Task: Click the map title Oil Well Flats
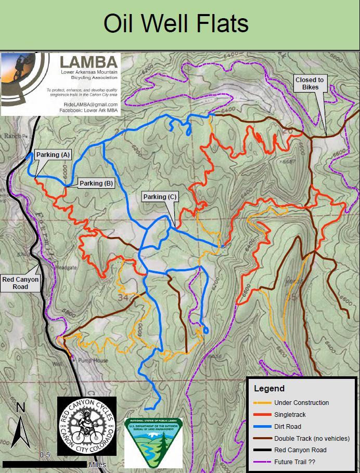(176, 24)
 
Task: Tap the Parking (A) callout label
(53, 155)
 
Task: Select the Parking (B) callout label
(96, 183)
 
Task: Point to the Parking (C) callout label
(160, 197)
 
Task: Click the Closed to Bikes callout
(310, 83)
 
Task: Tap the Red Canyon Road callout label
(20, 283)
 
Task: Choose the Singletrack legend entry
(290, 414)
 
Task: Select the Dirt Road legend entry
(288, 426)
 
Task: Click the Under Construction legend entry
(301, 402)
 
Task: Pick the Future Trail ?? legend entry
(295, 462)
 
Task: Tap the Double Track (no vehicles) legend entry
(312, 438)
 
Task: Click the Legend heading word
(269, 388)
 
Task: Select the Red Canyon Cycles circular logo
(86, 426)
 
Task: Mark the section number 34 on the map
(123, 297)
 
